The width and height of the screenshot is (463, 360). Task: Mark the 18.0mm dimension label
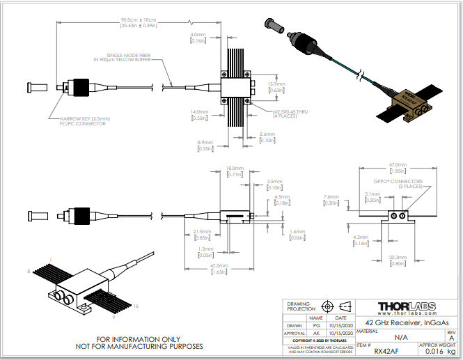click(234, 168)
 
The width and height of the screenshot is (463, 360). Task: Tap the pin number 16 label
click(136, 306)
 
